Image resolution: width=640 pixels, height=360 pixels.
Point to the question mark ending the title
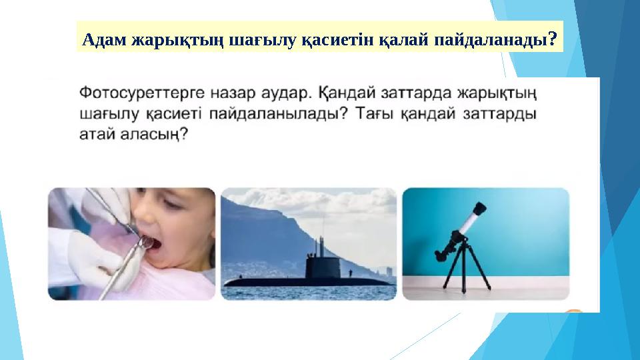[553, 39]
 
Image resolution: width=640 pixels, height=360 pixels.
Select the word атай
[96, 135]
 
